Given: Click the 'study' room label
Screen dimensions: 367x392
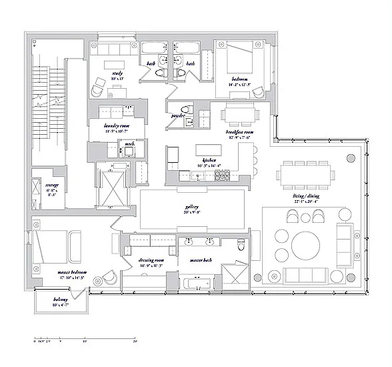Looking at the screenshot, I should (117, 73).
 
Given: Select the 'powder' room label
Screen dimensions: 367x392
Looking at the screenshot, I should (178, 115).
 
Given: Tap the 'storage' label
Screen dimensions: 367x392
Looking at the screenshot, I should (53, 185).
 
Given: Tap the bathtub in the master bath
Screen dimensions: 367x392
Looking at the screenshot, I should (195, 285).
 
